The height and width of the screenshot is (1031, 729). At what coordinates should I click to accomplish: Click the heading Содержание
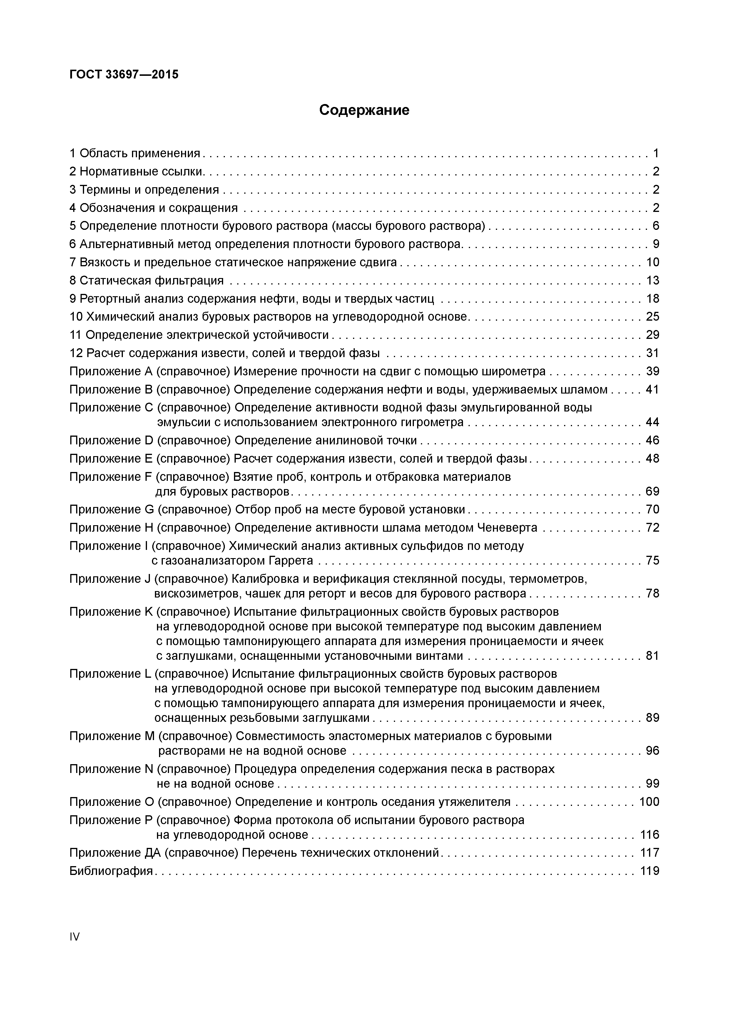coord(364,110)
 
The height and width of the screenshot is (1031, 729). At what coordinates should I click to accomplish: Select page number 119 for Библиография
coord(650,871)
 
